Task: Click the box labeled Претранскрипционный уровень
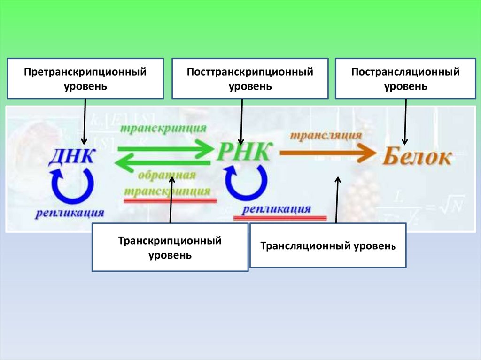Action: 85,78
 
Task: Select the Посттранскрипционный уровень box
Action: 250,78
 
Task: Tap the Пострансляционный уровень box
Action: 405,78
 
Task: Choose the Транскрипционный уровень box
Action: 170,247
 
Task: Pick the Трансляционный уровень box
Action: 327,245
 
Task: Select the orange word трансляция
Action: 325,135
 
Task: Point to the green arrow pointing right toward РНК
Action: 164,150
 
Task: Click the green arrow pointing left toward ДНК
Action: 162,163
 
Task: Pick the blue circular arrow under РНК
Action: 245,183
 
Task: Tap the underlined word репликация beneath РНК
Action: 277,209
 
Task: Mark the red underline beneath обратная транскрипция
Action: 170,200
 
